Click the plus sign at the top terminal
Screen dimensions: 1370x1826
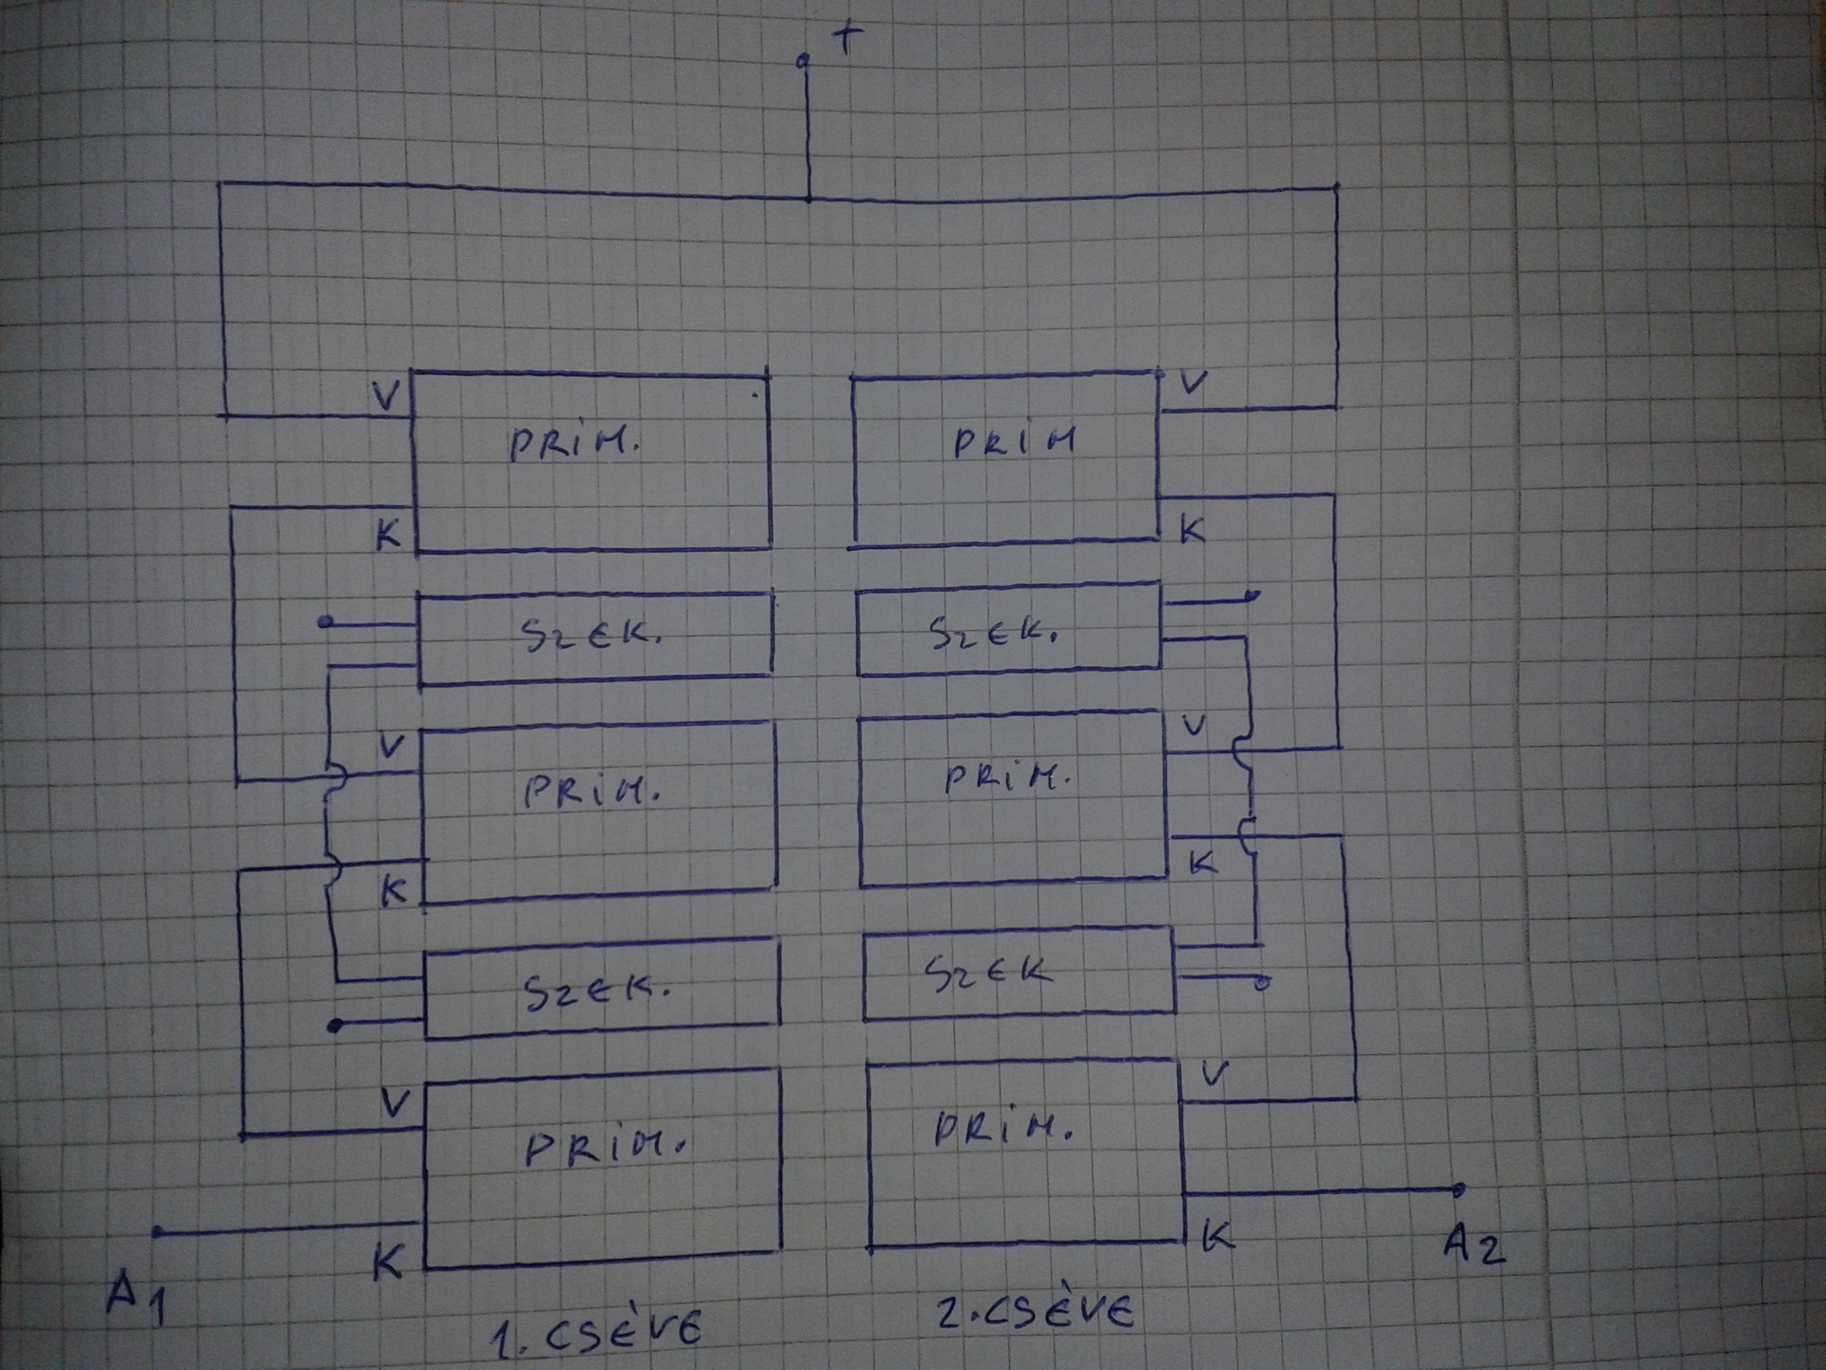click(x=848, y=39)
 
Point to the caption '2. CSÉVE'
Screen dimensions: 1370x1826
click(x=1036, y=1313)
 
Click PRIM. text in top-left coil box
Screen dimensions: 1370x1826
click(x=573, y=443)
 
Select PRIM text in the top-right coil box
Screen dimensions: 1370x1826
click(x=1015, y=441)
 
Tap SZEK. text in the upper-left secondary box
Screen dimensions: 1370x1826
click(x=591, y=635)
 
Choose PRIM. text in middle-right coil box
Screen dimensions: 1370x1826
click(x=1007, y=779)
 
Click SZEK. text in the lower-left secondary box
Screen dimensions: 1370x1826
click(x=597, y=993)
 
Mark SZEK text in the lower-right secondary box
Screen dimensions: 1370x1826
click(x=989, y=973)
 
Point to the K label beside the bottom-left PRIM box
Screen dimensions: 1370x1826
click(x=387, y=1262)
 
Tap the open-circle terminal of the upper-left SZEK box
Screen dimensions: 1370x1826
click(x=325, y=622)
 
